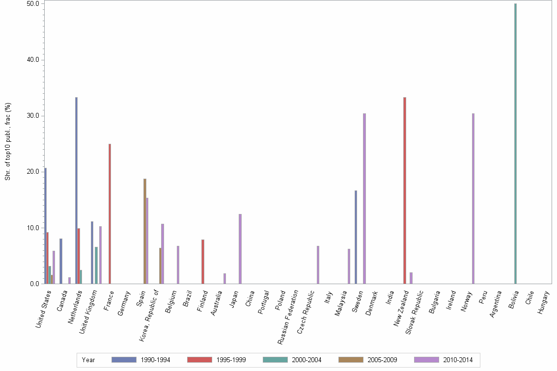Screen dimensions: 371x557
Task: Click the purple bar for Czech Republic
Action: coord(318,265)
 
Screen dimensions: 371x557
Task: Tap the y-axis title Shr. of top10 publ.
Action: coord(8,142)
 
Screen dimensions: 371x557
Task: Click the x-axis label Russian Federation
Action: coord(288,317)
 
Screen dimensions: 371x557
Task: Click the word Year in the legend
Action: coord(88,360)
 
